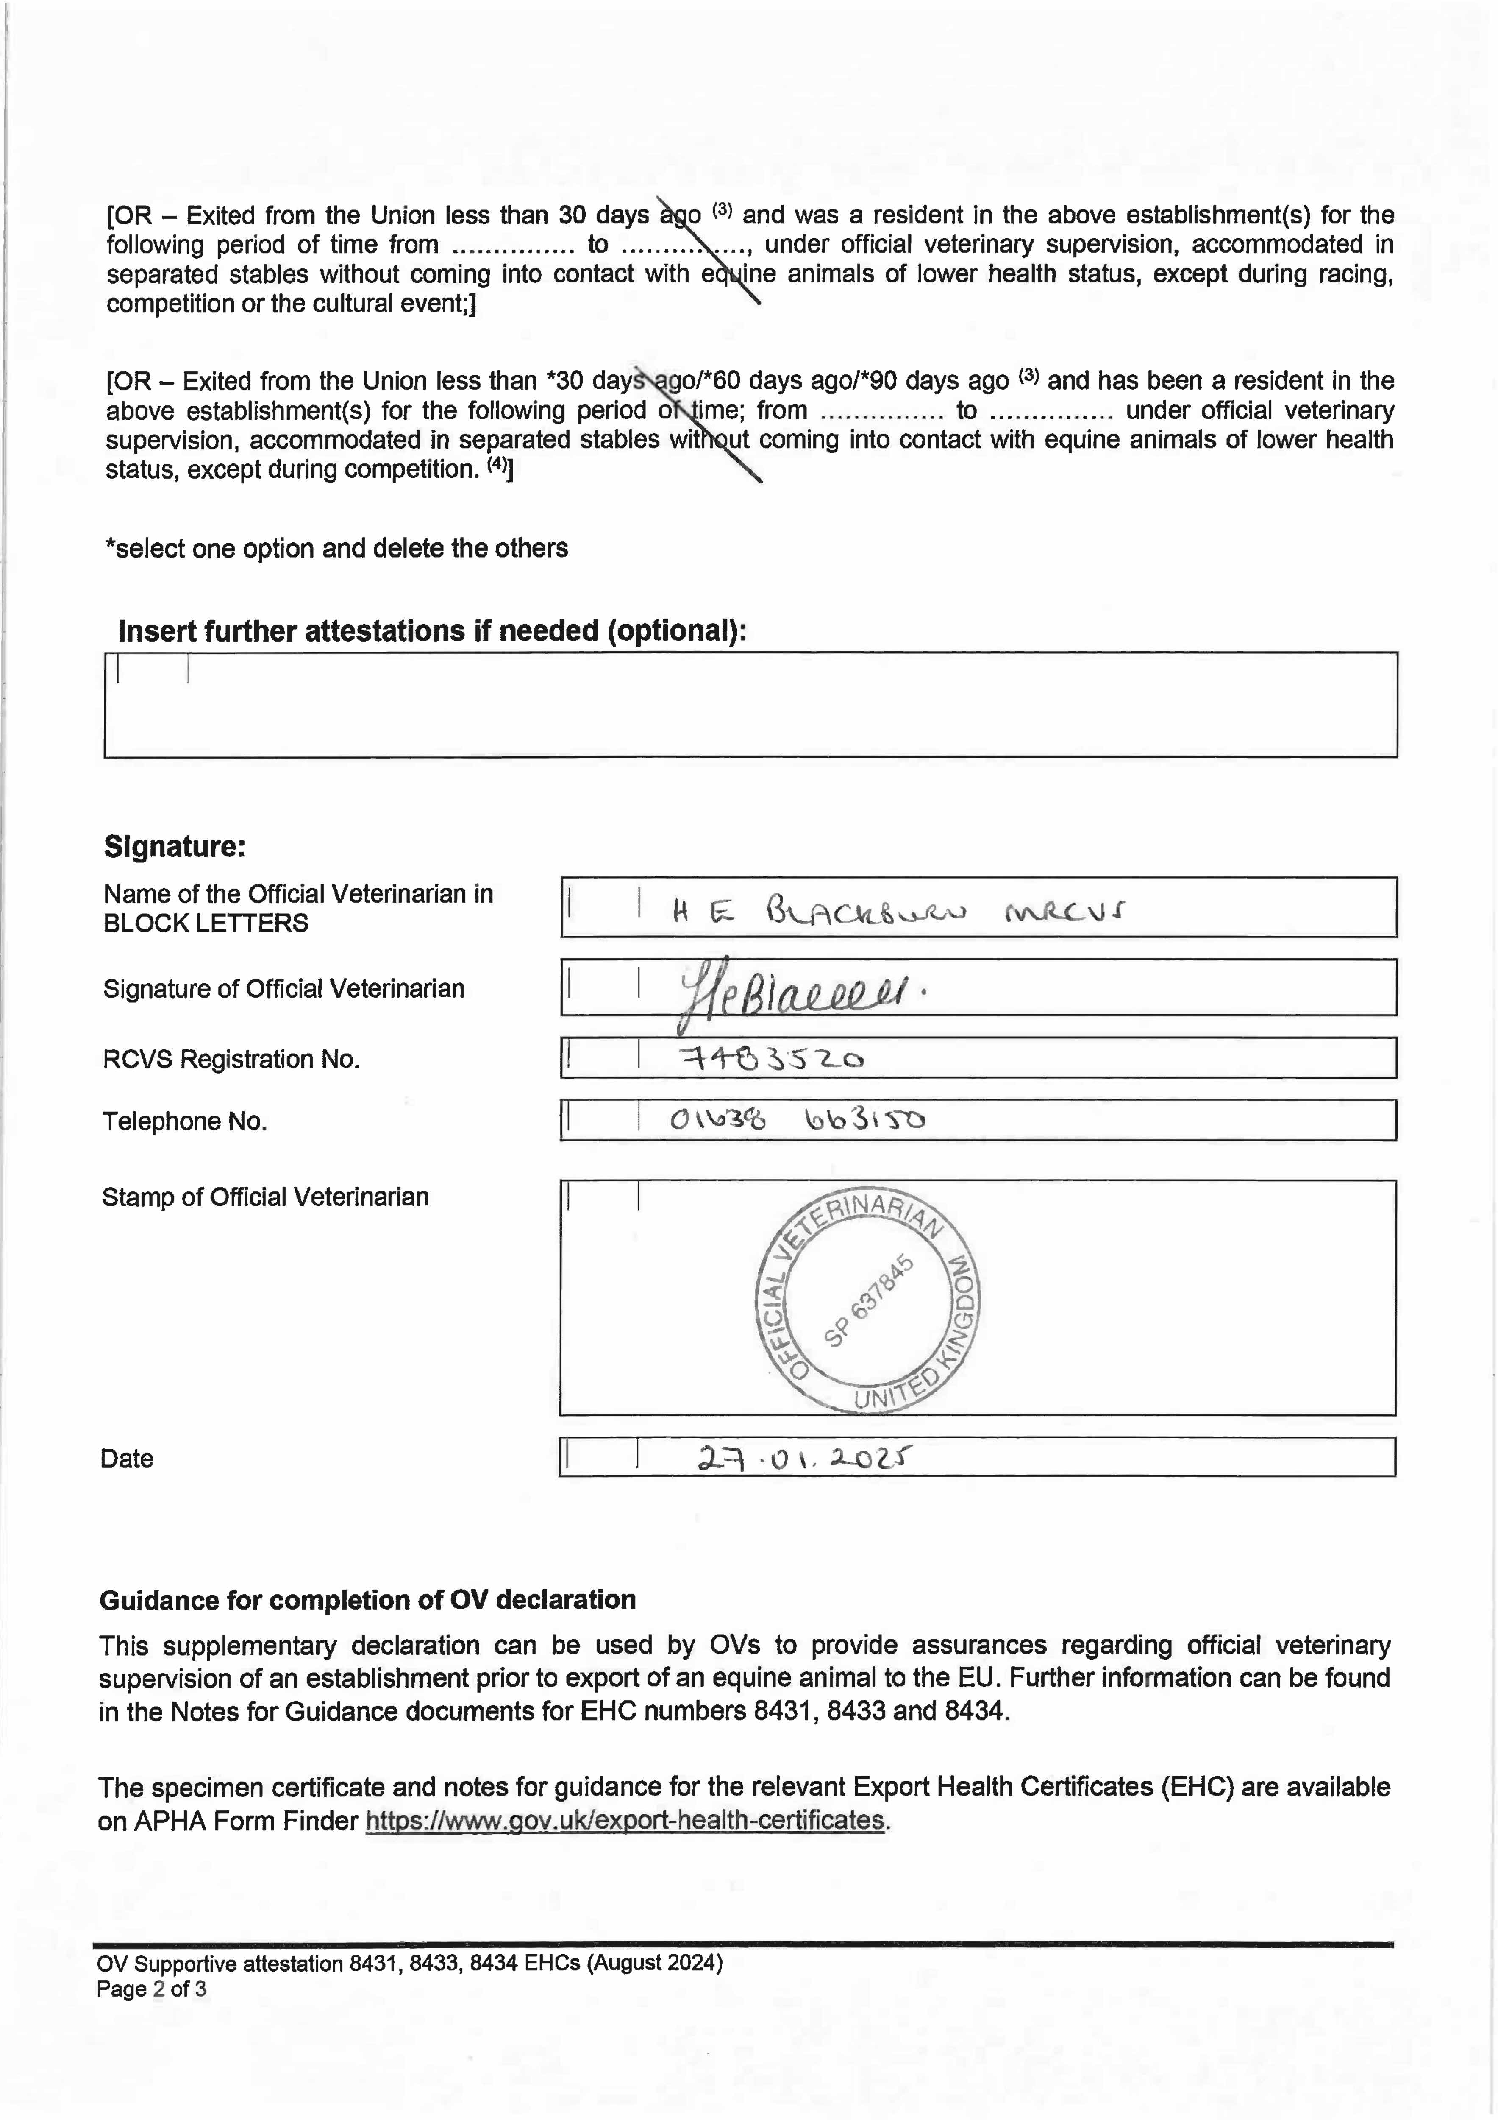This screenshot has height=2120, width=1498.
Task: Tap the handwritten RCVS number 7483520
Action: [771, 1059]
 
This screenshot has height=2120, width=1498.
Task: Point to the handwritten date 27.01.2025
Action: [803, 1459]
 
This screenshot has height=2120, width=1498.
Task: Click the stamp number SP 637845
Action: [867, 1300]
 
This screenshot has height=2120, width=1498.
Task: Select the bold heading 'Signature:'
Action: [175, 846]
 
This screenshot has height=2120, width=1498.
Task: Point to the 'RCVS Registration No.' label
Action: [231, 1059]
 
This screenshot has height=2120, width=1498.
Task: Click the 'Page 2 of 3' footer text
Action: [151, 1989]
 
